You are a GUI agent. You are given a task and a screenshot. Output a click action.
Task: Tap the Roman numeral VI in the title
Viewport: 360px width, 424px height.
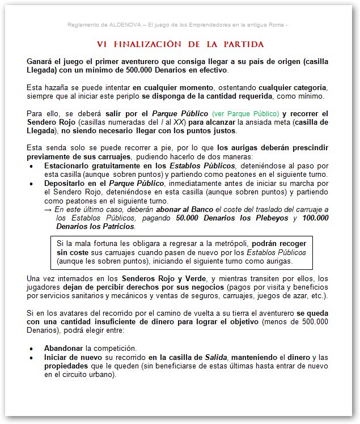(x=103, y=44)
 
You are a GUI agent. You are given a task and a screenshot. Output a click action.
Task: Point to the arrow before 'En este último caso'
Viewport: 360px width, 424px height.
(x=48, y=210)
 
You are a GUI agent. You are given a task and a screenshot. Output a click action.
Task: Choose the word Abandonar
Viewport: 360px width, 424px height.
(x=63, y=348)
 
